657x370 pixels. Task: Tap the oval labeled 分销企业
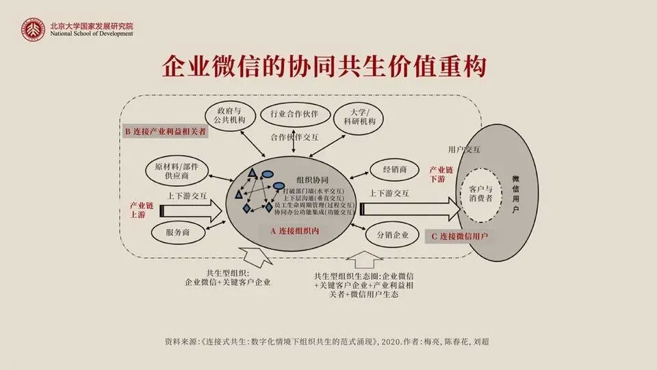point(391,235)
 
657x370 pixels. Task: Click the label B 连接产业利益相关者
point(166,131)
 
